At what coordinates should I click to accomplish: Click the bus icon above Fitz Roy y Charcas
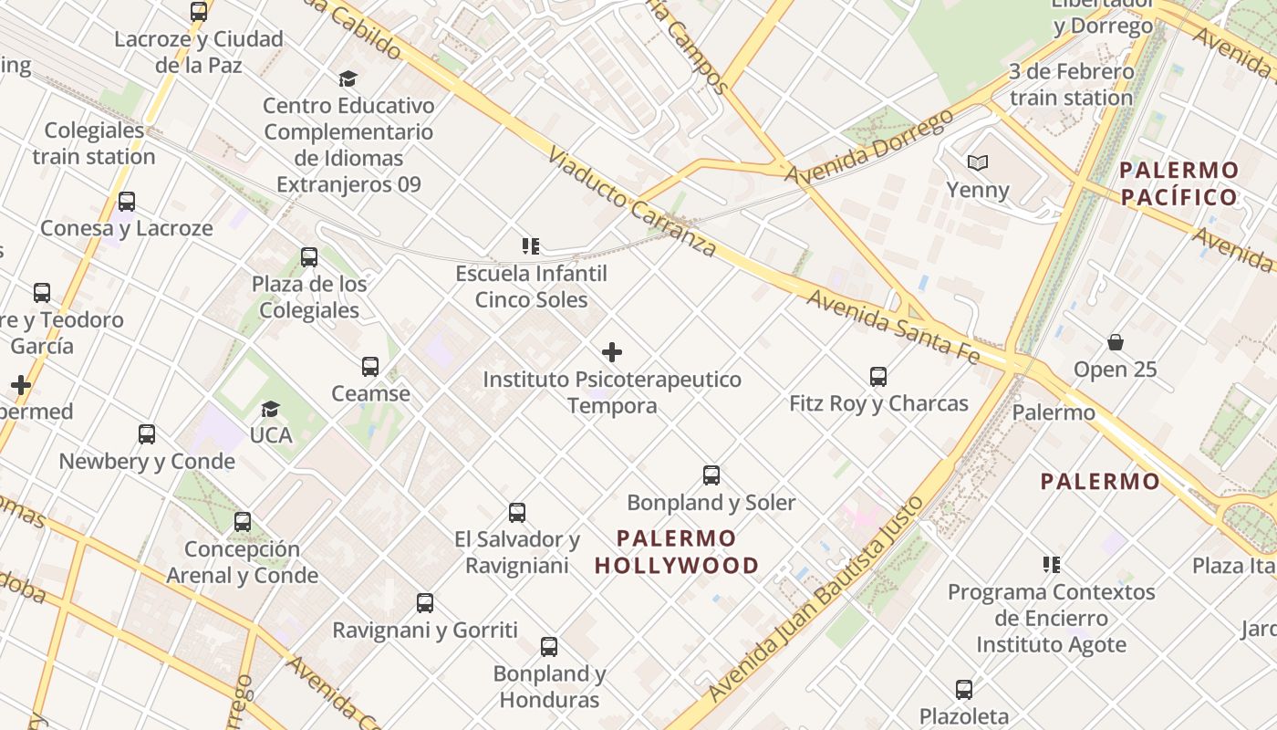(878, 376)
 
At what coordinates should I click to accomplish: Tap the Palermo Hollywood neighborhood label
(676, 552)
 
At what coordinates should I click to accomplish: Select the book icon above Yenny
(978, 163)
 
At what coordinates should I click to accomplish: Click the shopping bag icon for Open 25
(1115, 342)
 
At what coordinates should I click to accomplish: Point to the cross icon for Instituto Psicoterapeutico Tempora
(612, 352)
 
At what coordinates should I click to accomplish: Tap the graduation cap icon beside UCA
(270, 409)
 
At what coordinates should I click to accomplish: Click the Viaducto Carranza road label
(632, 202)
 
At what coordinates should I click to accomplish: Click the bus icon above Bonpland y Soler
(711, 475)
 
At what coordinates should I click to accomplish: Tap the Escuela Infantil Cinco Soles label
(532, 287)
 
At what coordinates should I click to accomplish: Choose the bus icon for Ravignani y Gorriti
(425, 603)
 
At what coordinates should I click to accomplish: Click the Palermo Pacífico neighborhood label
(1179, 183)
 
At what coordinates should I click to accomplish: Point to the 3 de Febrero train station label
(1071, 84)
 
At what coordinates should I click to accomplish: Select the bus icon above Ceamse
(369, 367)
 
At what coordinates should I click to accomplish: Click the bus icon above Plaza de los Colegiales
(309, 257)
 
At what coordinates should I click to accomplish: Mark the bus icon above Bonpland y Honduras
(549, 647)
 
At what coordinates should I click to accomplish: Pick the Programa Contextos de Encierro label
(1052, 605)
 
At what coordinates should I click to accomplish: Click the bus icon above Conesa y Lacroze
(127, 202)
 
